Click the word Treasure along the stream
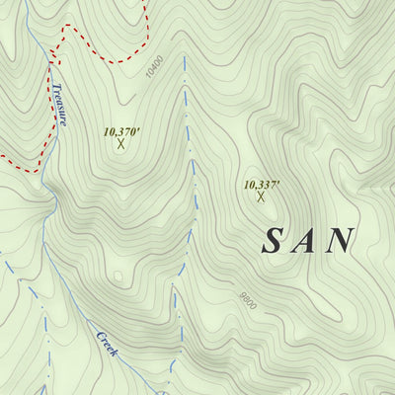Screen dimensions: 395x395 click(x=60, y=105)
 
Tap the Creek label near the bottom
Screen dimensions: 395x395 click(x=107, y=343)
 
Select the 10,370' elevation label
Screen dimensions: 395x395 click(x=122, y=129)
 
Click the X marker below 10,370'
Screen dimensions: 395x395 click(x=121, y=144)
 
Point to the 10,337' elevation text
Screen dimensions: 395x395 click(x=262, y=185)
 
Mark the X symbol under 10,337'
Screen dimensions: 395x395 click(x=261, y=197)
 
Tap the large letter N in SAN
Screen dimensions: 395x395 click(x=342, y=240)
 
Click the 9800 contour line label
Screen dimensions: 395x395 click(x=246, y=299)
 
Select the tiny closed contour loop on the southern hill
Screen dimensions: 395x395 click(x=118, y=277)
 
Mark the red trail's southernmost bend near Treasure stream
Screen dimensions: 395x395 click(x=36, y=170)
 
